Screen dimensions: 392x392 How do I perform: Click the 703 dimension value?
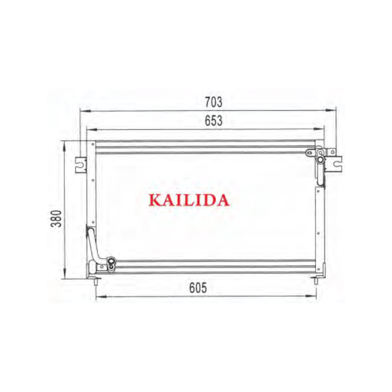point(214,102)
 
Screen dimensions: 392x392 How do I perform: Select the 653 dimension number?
point(214,121)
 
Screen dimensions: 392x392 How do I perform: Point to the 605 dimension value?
point(198,288)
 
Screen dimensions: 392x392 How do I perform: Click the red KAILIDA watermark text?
point(189,200)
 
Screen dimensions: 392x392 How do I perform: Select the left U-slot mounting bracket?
point(81,165)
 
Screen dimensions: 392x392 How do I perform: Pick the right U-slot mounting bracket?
point(334,164)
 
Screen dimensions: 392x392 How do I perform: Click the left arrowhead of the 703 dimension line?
point(85,111)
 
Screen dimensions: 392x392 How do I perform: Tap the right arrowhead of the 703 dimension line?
point(331,110)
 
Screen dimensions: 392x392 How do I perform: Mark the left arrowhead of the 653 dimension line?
point(92,130)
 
